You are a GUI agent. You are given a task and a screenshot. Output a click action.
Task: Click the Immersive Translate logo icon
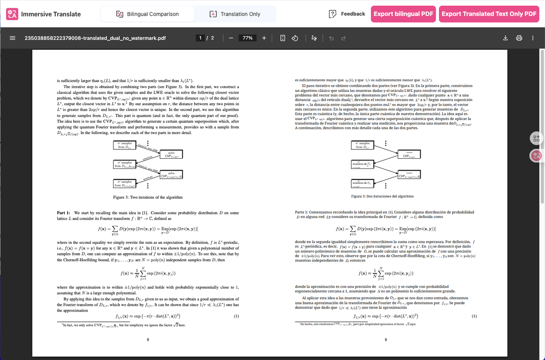coord(12,14)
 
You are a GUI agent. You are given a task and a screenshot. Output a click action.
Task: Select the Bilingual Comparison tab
coord(147,14)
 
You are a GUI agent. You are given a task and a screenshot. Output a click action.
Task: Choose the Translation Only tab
coord(235,14)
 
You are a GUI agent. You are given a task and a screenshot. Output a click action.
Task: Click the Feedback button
coord(347,14)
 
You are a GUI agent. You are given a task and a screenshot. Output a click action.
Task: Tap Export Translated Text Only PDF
coord(489,14)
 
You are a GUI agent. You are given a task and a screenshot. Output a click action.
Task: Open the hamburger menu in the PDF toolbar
coord(12,38)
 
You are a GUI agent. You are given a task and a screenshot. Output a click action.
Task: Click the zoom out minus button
coord(231,38)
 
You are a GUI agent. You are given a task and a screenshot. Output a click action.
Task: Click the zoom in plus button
coord(264,38)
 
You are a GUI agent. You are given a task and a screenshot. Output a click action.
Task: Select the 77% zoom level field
coord(247,38)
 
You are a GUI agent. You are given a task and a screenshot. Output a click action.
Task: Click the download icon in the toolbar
coord(505,38)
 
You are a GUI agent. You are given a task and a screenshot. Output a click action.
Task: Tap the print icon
coord(519,38)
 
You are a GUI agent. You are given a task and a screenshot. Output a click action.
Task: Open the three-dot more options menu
coord(533,38)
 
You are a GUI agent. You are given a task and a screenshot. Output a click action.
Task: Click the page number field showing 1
coord(201,38)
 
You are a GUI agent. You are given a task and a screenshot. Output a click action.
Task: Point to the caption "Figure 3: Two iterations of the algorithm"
coord(148,197)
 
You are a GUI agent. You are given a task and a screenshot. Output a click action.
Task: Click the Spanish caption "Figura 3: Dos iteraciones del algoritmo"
coord(382,196)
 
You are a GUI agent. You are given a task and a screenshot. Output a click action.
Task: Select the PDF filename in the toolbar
coord(95,38)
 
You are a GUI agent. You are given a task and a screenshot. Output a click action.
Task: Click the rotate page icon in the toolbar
coord(294,38)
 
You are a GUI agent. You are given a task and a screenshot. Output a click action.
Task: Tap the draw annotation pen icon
coord(314,38)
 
